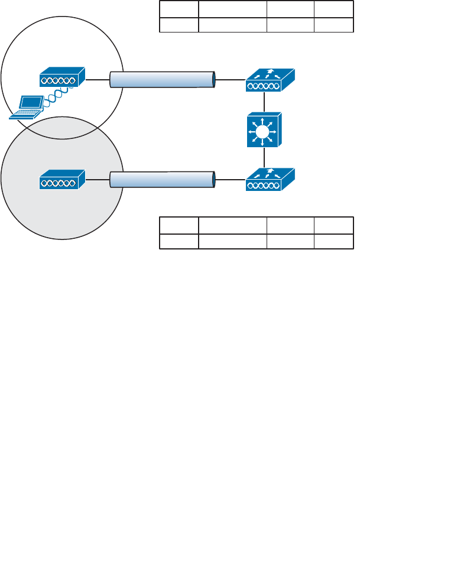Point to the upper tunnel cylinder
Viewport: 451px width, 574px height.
pos(161,79)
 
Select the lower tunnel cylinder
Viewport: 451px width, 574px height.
pos(161,179)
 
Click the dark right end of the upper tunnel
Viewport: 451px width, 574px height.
pos(213,79)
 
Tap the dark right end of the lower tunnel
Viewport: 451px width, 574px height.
pos(213,179)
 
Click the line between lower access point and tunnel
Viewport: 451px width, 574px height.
pos(98,178)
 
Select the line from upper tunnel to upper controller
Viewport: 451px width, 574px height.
pos(231,79)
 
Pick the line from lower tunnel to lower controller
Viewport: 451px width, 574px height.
pos(231,179)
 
